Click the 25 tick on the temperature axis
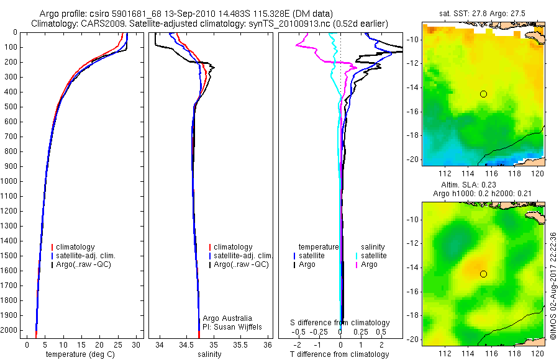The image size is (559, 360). pos(118,344)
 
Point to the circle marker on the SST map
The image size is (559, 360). pos(483,94)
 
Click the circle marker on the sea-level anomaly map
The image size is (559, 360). pos(483,274)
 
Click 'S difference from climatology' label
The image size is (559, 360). pos(340,323)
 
